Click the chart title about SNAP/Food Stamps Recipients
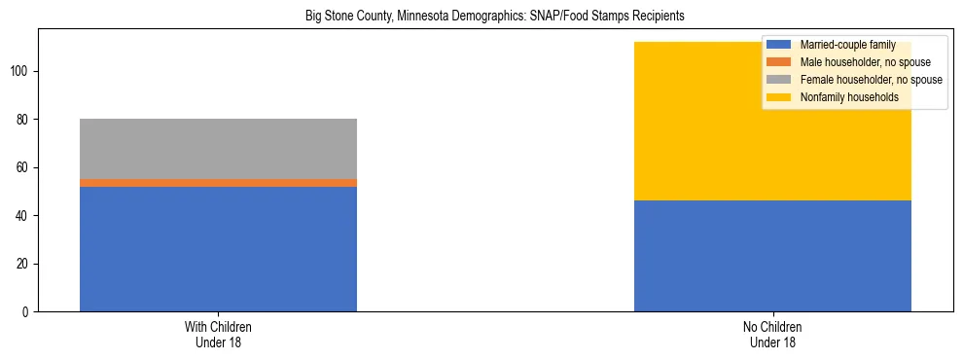coord(481,16)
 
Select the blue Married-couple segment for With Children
coord(218,249)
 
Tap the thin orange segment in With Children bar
coord(218,183)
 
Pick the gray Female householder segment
coord(218,149)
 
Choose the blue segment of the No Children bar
coord(772,256)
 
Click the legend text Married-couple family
coord(846,45)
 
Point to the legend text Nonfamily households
coord(848,97)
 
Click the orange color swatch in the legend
coord(779,62)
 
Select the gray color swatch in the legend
coord(779,80)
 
